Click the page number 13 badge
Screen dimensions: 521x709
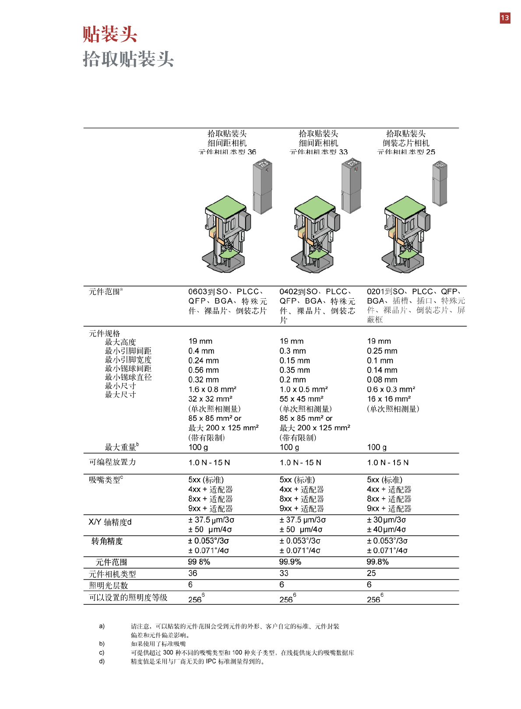(505, 17)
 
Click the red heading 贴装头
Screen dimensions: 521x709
(110, 34)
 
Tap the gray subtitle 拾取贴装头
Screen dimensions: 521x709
(128, 59)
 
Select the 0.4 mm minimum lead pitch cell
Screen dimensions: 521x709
(201, 351)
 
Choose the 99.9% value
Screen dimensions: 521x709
(290, 562)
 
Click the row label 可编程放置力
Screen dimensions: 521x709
(112, 462)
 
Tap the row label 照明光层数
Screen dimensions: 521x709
(109, 585)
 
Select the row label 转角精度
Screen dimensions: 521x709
(107, 541)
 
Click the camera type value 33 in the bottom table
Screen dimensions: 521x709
(284, 573)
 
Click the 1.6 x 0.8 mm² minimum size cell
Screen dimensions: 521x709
(212, 389)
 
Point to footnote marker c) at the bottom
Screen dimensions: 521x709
(102, 652)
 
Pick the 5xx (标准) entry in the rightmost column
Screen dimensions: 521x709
(384, 480)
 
